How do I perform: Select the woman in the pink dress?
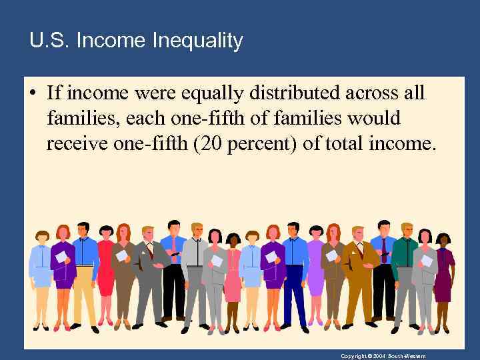pyautogui.click(x=233, y=273)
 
